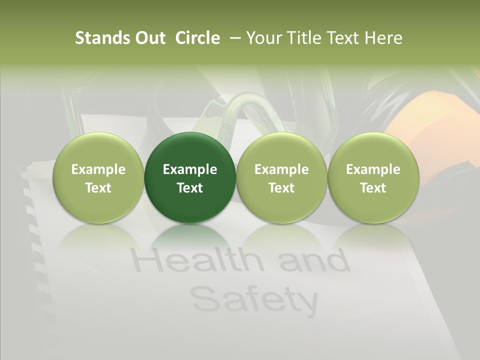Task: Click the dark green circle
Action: (x=190, y=177)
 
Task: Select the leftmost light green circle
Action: (x=98, y=177)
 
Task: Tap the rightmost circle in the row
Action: (x=373, y=177)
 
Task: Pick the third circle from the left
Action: (x=281, y=177)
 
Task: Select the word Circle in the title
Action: (x=197, y=38)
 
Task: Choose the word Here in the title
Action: (x=383, y=38)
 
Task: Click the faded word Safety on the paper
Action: (x=254, y=298)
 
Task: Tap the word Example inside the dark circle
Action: (x=190, y=169)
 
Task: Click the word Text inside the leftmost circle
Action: (x=98, y=188)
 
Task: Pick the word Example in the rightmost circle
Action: (x=373, y=169)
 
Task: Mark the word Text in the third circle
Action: (x=281, y=188)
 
